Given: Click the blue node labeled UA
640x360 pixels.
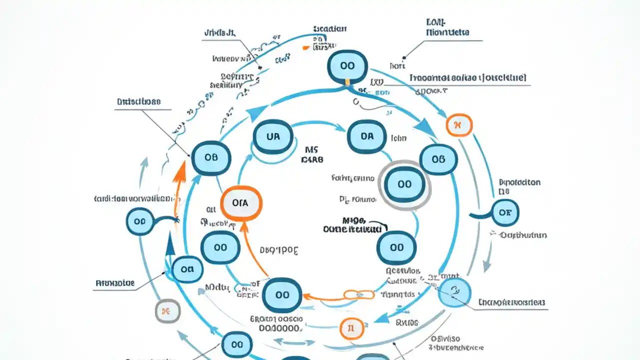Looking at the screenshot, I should (273, 136).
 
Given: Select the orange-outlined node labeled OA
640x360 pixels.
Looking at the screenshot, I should (240, 202).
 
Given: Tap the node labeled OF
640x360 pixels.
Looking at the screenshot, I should (505, 212).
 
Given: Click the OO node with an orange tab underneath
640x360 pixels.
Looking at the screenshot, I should (346, 66).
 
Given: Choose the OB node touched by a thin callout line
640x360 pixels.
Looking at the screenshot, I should (211, 157).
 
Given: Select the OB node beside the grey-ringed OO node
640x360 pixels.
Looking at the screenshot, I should (438, 159).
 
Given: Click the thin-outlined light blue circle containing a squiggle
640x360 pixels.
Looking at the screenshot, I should (454, 292).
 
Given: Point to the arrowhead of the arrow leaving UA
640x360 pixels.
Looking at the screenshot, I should (340, 128).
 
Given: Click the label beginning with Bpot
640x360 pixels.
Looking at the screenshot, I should (519, 182).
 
